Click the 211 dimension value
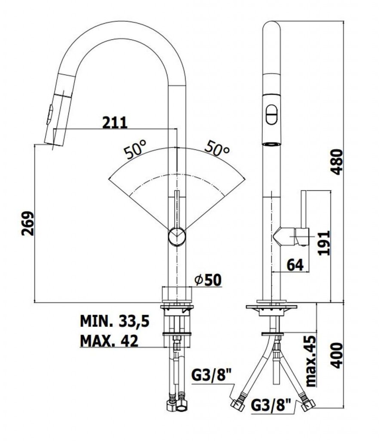point(115,123)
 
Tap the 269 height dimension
point(28,223)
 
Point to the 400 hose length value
point(338,355)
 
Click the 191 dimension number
point(323,243)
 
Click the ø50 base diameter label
point(207,280)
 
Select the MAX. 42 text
point(109,341)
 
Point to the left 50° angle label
point(134,151)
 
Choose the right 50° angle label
point(216,149)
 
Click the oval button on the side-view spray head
point(271,115)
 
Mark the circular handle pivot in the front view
point(176,236)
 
